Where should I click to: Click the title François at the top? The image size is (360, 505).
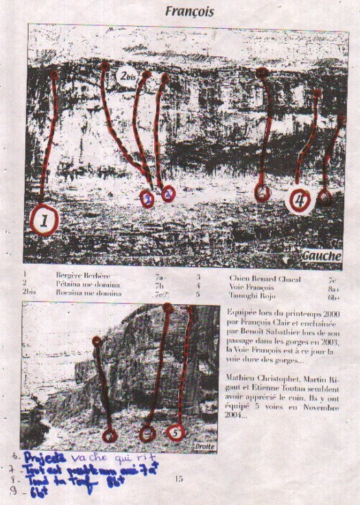[x=190, y=12]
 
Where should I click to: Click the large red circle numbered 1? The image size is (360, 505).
[x=45, y=221]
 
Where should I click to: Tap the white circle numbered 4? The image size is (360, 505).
[x=300, y=201]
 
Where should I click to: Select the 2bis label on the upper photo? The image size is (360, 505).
[x=126, y=75]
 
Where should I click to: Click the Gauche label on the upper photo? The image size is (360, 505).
[x=321, y=256]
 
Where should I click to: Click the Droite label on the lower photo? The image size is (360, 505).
[x=202, y=445]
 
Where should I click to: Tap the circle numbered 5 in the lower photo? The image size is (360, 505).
[x=176, y=433]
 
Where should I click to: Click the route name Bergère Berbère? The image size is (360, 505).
[x=79, y=275]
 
